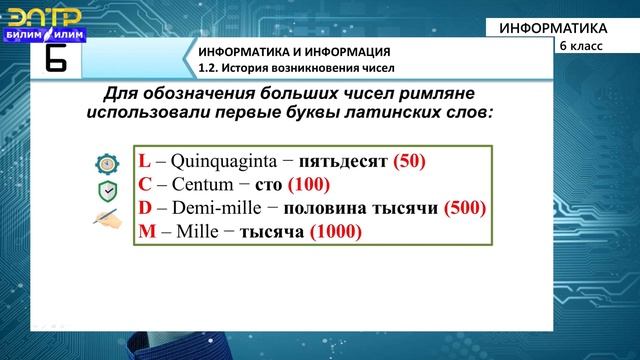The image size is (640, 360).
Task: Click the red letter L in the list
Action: (143, 162)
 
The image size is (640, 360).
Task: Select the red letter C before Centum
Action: (144, 185)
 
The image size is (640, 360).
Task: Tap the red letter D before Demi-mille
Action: (144, 209)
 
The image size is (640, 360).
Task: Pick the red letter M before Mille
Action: (146, 232)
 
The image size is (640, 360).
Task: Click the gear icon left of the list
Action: (106, 164)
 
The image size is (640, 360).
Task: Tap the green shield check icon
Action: (106, 191)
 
